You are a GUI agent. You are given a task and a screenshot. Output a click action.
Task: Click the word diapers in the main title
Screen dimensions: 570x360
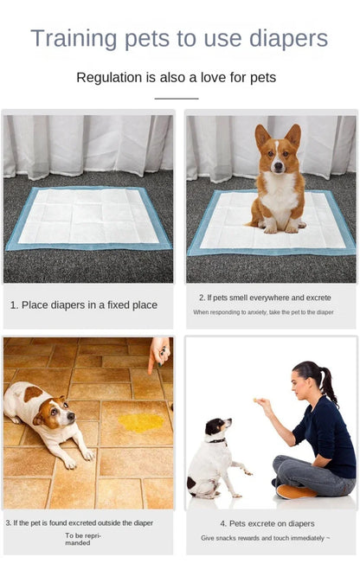(288, 38)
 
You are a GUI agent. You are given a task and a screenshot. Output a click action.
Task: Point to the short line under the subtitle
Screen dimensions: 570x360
(177, 98)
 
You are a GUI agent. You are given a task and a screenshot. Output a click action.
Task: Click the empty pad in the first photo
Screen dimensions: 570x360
(88, 217)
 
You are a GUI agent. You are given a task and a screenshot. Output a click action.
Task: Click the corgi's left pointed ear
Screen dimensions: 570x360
(261, 135)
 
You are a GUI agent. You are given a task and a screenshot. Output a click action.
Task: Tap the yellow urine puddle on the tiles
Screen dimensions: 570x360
(140, 421)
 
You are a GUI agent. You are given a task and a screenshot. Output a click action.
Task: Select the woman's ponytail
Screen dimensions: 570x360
(326, 387)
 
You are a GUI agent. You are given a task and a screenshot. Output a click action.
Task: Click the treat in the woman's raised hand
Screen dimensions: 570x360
(256, 401)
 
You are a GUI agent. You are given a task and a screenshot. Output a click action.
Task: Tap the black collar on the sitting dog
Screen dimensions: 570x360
(215, 440)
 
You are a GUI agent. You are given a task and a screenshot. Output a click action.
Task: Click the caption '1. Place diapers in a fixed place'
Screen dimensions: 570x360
(84, 304)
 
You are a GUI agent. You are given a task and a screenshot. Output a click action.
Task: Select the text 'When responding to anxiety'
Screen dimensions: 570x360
(228, 312)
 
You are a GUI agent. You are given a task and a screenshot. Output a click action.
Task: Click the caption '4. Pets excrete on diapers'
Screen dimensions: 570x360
(267, 523)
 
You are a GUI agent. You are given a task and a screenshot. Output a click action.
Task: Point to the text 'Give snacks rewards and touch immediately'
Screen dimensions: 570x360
(265, 538)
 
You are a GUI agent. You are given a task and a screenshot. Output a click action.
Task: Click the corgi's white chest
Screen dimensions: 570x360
(279, 195)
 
